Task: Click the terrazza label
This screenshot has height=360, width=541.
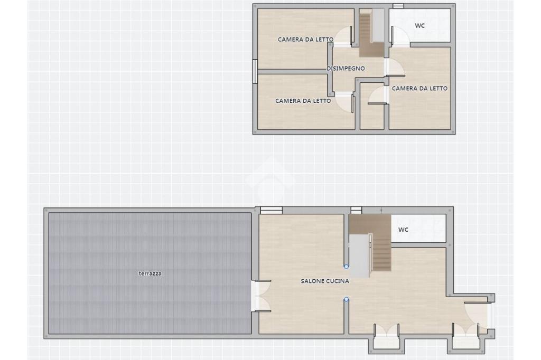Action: pos(150,273)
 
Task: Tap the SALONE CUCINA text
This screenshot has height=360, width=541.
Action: pos(325,281)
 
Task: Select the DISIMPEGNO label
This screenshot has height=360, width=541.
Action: pos(346,68)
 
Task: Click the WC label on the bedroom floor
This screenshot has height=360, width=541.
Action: pos(419,25)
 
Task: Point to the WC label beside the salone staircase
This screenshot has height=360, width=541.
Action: pos(403,229)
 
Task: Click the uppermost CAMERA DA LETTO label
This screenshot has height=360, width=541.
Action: pos(306,39)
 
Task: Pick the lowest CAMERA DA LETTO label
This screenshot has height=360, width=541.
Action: pos(303,101)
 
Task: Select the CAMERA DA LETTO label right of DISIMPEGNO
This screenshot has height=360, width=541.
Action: pos(419,88)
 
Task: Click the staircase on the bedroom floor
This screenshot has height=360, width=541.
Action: pos(371,33)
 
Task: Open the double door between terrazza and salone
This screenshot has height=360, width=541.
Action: pos(261,296)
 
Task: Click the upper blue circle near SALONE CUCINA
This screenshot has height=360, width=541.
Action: pos(346,266)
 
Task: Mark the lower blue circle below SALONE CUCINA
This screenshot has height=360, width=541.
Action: pos(346,300)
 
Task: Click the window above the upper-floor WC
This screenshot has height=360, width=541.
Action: pos(398,6)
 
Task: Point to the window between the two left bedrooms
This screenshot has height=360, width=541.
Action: pos(255,71)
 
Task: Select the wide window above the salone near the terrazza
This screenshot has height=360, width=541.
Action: pos(271,210)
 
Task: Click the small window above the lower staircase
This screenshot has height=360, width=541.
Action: pos(356,210)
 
